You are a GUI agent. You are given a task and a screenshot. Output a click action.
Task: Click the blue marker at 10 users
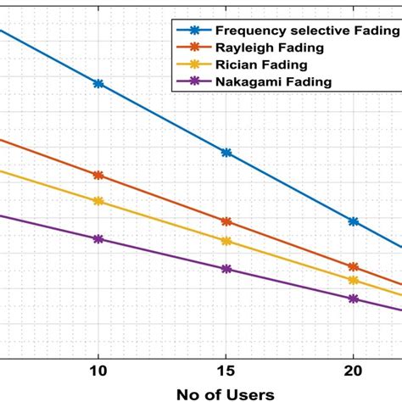click(x=98, y=84)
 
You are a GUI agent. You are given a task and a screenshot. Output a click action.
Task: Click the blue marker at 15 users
click(x=226, y=153)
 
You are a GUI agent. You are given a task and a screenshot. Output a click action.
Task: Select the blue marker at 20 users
click(x=354, y=221)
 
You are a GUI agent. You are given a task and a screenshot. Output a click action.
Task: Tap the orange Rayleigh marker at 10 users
click(x=98, y=176)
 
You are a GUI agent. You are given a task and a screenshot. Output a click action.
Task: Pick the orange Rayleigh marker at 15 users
click(x=226, y=221)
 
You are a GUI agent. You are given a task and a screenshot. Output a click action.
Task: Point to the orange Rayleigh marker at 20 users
click(x=354, y=267)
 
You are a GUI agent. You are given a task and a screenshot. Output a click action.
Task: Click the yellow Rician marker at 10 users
click(x=98, y=201)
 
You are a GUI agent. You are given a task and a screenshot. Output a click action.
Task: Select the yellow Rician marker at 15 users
click(x=226, y=241)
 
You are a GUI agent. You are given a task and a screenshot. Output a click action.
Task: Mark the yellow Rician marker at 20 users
click(x=354, y=280)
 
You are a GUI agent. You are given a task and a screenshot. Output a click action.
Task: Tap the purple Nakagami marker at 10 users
click(x=98, y=239)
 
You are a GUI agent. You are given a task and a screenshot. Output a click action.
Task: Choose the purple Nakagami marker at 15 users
click(x=226, y=269)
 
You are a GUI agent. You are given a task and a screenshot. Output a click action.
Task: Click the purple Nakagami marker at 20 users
click(x=354, y=299)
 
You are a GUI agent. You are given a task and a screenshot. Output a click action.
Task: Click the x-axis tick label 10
click(x=98, y=371)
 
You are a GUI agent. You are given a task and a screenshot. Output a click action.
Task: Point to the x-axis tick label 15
click(x=226, y=371)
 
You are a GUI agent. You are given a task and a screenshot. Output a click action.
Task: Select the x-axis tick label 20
click(x=354, y=371)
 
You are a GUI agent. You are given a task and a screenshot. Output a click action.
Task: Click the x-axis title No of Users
click(x=225, y=394)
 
